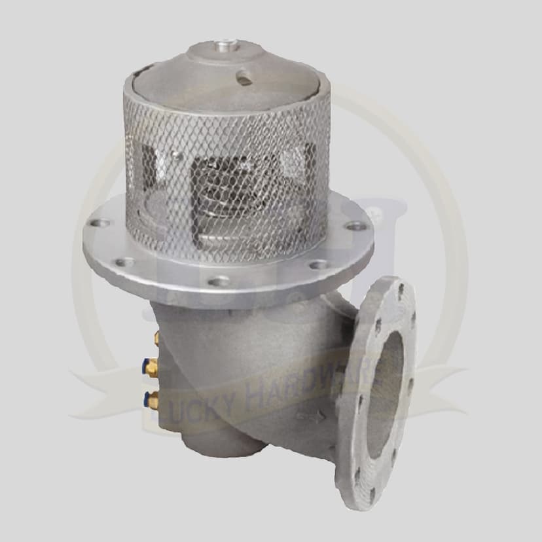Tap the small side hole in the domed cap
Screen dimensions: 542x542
[244, 79]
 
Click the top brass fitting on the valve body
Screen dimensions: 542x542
[156, 338]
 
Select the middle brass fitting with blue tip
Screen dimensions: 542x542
[151, 366]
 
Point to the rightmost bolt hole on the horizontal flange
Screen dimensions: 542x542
[357, 226]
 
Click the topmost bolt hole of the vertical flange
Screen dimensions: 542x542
[401, 287]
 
